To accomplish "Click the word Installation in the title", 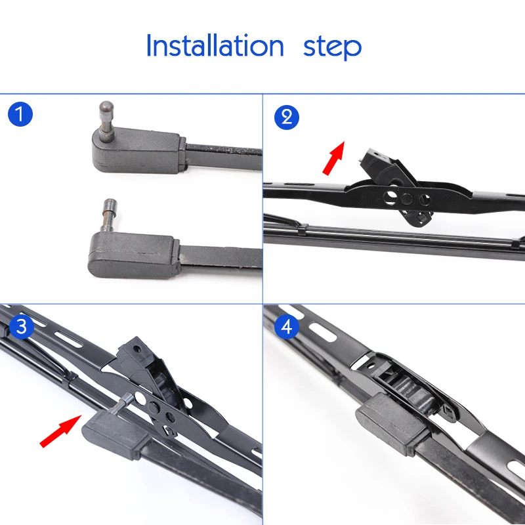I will coord(215,47).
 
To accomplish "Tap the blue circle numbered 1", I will coord(20,115).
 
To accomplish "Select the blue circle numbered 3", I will coord(20,326).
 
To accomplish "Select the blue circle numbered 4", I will coord(285,326).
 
